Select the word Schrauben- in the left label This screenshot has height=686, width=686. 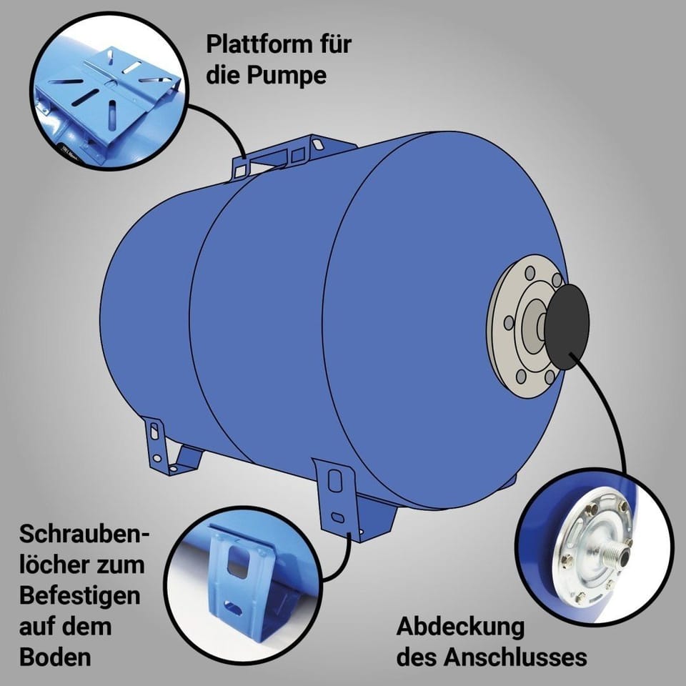pyautogui.click(x=84, y=535)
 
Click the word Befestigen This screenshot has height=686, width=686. pyautogui.click(x=80, y=596)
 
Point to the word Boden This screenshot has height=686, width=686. pyautogui.click(x=55, y=657)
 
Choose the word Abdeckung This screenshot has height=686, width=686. pyautogui.click(x=461, y=627)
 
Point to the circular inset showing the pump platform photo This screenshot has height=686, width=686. pyautogui.click(x=109, y=91)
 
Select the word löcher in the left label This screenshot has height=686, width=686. pyautogui.click(x=52, y=565)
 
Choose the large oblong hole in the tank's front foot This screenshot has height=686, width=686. pyautogui.click(x=334, y=480)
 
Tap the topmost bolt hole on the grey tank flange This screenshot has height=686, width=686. pyautogui.click(x=530, y=273)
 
